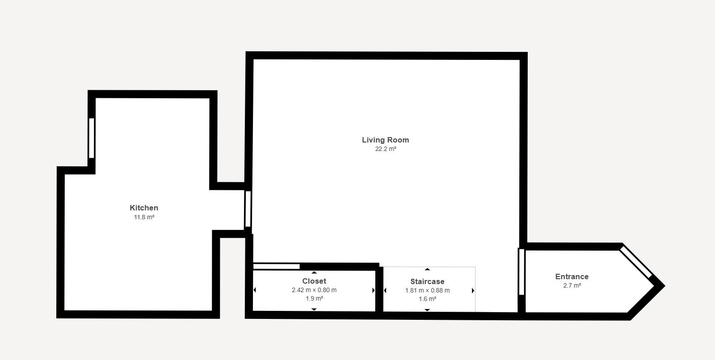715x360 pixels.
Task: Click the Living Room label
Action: tap(385, 140)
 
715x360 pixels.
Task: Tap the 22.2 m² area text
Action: tap(386, 149)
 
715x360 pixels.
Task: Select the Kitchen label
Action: tap(144, 208)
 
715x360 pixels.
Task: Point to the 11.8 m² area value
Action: tap(144, 218)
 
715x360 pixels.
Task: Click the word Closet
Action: tap(314, 281)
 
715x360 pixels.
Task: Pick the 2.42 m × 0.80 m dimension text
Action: tap(314, 290)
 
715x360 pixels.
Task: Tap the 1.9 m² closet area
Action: tap(314, 299)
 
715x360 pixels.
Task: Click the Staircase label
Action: tap(427, 281)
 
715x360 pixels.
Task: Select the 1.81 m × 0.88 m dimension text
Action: tap(427, 290)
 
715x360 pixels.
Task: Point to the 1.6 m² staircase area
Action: tap(427, 299)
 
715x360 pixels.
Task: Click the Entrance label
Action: tap(572, 277)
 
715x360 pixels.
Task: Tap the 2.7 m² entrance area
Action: tap(572, 286)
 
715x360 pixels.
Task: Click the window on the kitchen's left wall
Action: tap(92, 138)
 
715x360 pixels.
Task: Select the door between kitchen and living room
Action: tap(248, 209)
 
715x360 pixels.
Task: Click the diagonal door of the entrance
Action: tap(636, 262)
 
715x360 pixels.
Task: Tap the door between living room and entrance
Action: tap(522, 272)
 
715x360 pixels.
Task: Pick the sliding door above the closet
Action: tap(277, 267)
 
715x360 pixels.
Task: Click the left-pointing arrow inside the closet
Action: tap(255, 290)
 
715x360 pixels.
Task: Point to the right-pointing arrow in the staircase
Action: tap(473, 290)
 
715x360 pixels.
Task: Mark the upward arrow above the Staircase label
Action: tap(427, 269)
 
